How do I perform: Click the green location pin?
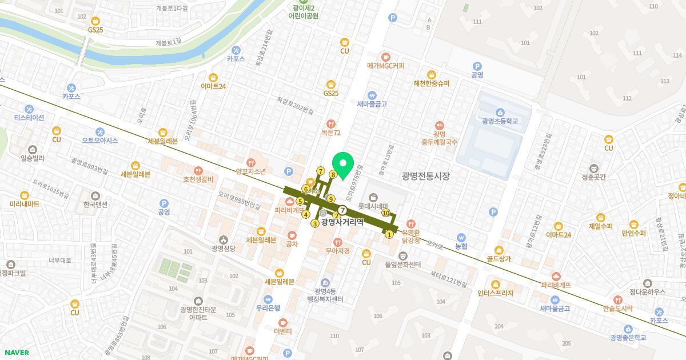(x=344, y=165)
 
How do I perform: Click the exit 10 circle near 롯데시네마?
(x=386, y=213)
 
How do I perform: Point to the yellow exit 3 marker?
(x=314, y=223)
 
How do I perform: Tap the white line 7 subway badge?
(x=342, y=210)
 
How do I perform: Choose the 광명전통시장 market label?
(x=425, y=177)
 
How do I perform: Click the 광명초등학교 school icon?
(x=500, y=112)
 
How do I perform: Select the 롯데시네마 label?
(x=373, y=206)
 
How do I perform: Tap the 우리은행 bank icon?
(x=268, y=299)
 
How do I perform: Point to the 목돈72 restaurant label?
(x=330, y=133)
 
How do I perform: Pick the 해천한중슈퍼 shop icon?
(x=432, y=74)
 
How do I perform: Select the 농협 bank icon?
(x=461, y=237)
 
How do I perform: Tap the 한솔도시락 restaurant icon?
(x=617, y=299)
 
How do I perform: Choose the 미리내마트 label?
(x=25, y=204)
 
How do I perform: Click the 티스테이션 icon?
(x=29, y=109)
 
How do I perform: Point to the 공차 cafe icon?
(x=292, y=235)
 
